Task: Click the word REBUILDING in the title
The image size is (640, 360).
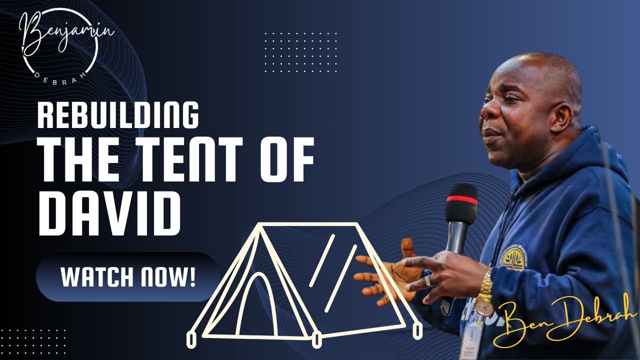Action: click(118, 115)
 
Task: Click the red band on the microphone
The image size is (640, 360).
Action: click(461, 198)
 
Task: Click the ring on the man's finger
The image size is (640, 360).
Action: click(427, 281)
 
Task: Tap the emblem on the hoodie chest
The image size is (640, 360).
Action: click(512, 259)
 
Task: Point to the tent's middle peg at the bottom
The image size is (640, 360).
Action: click(316, 339)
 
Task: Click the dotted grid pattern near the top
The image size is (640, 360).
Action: click(300, 50)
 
